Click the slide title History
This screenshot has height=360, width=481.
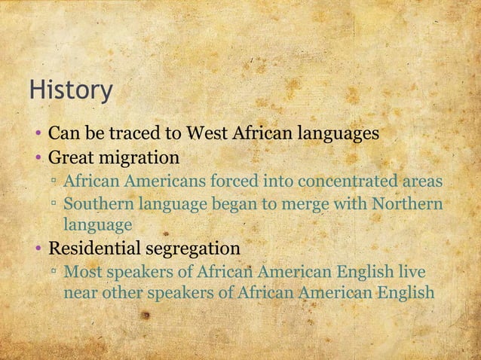[71, 90]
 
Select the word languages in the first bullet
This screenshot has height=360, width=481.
[338, 135]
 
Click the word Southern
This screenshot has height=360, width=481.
[95, 203]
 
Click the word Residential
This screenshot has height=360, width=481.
[92, 248]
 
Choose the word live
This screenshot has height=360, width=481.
[411, 270]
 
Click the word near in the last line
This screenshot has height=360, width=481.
[79, 292]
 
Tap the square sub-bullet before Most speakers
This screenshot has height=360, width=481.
[54, 271]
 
